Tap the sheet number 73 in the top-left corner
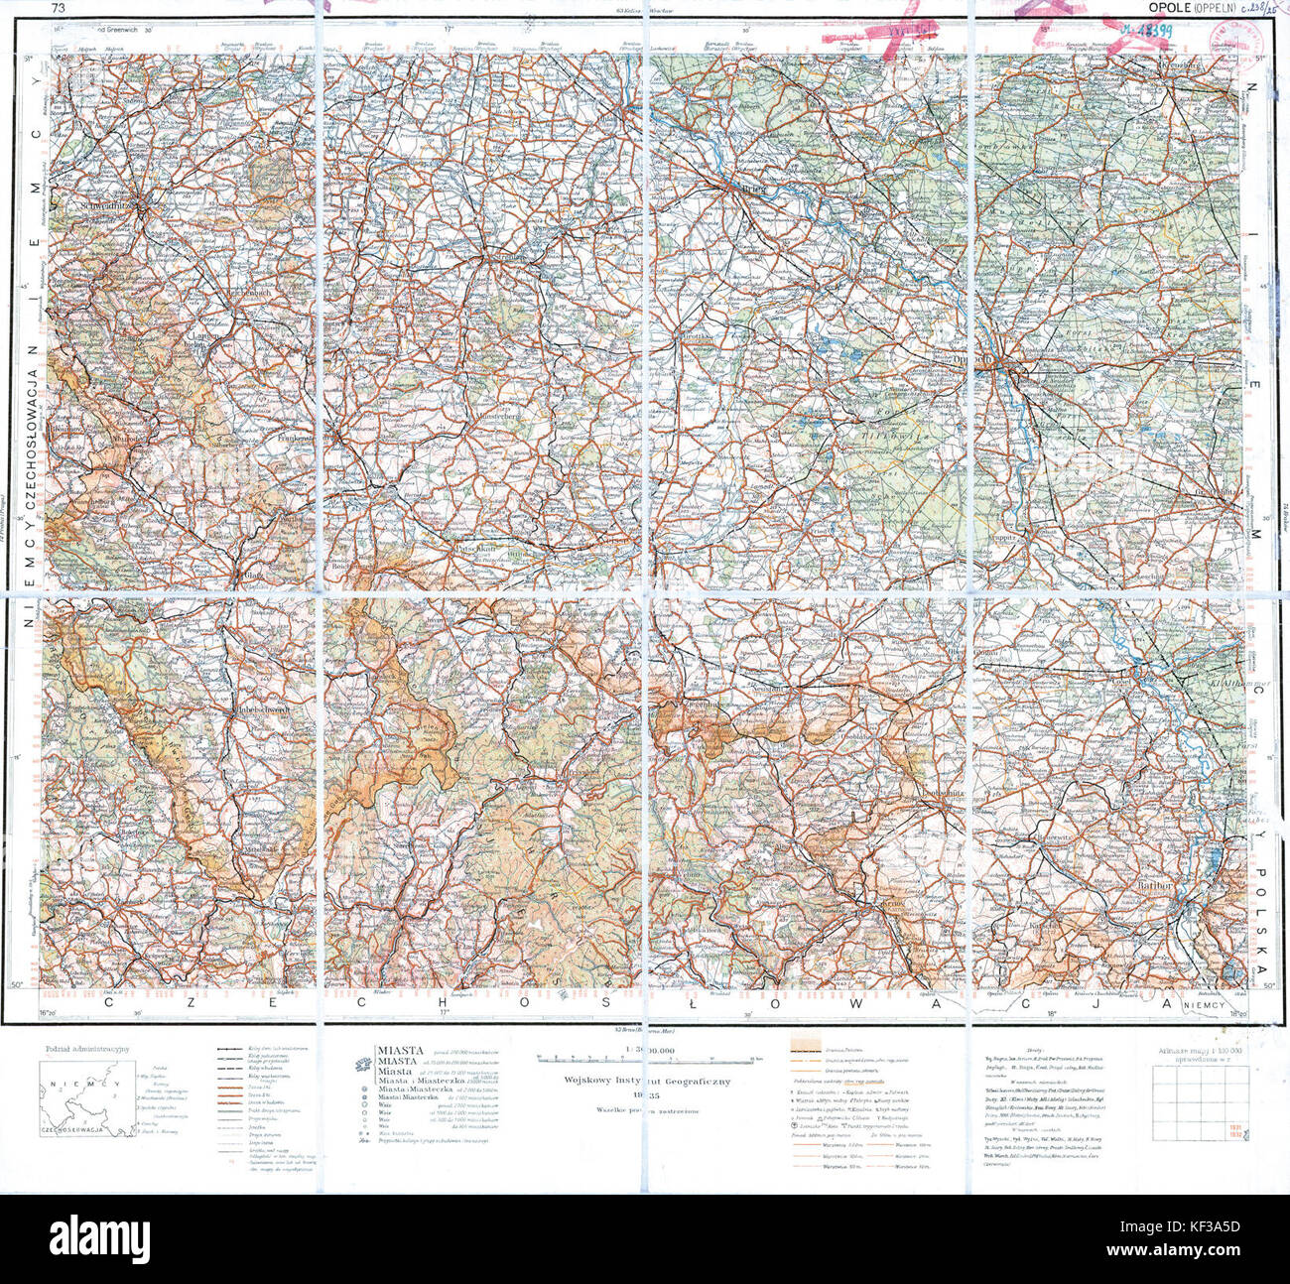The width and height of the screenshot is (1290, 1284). coord(59,9)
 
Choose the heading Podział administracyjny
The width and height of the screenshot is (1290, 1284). coord(88,1048)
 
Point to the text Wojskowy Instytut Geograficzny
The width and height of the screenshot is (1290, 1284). coord(647,1080)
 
